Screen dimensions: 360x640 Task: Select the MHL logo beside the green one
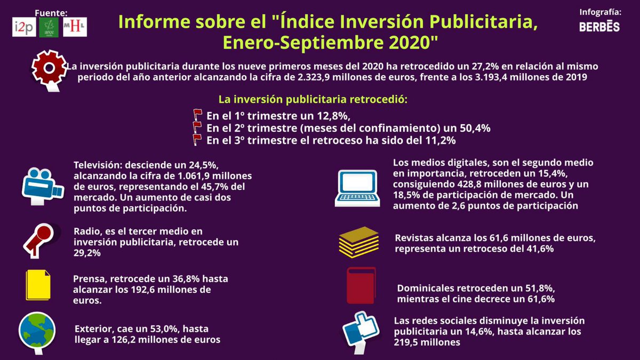(x=74, y=27)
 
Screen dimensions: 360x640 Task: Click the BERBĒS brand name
(x=599, y=26)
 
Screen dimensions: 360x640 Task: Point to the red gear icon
(x=49, y=68)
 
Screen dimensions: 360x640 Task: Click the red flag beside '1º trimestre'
(x=197, y=115)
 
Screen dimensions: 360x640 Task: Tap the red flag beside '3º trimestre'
(x=197, y=140)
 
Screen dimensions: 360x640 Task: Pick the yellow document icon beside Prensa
(x=38, y=285)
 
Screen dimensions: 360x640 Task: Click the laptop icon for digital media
(x=357, y=187)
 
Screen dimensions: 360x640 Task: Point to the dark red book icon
(x=361, y=285)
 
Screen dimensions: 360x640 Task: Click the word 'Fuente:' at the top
(x=51, y=12)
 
